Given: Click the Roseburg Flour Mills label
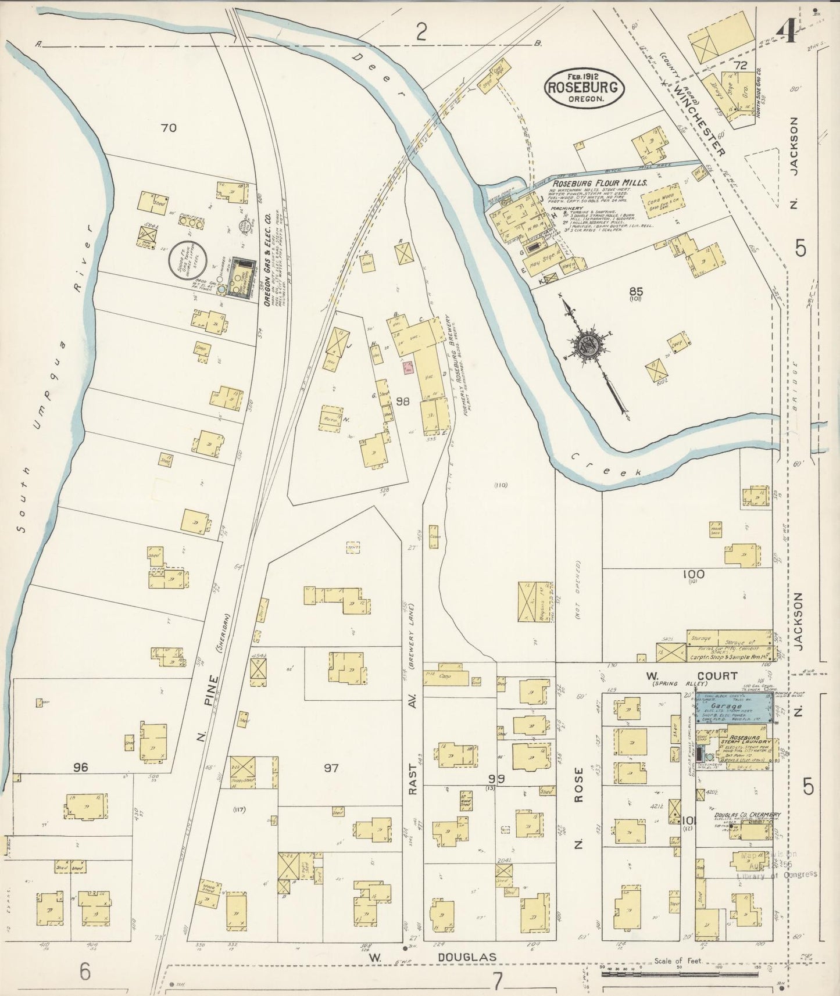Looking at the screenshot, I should pyautogui.click(x=600, y=182).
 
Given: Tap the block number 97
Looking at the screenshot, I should pyautogui.click(x=331, y=768).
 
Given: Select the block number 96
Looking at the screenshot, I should pyautogui.click(x=81, y=768).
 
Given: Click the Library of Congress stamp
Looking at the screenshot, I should pyautogui.click(x=776, y=866).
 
